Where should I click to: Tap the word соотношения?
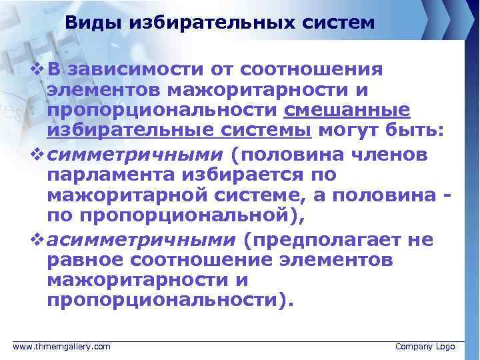(311, 69)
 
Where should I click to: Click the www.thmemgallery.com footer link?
(62, 347)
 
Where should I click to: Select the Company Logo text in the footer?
(425, 347)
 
